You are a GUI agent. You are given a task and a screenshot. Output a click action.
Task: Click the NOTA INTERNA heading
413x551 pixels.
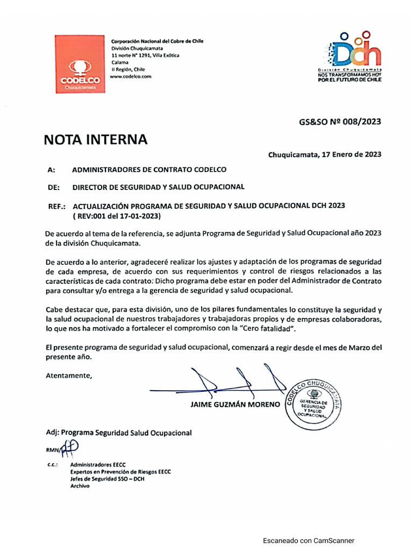coord(95,140)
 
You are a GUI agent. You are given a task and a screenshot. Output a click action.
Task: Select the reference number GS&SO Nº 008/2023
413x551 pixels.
coord(340,122)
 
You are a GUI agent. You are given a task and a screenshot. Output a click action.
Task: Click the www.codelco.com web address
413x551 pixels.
coord(131,76)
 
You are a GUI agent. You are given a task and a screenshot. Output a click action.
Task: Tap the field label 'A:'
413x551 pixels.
coord(52,170)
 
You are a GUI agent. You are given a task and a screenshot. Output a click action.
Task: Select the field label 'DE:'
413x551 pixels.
coord(53,187)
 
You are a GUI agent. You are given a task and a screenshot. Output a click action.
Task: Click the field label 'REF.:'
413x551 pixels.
coord(56,206)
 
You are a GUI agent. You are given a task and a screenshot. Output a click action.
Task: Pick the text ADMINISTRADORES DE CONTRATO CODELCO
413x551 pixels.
coord(149,170)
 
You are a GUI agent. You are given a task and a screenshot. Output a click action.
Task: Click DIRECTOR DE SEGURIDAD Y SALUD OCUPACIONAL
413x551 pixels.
coord(158,187)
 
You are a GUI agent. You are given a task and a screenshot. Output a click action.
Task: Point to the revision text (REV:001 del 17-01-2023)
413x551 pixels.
coord(117,216)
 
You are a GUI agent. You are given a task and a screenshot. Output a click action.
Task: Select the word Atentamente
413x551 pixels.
coord(69,376)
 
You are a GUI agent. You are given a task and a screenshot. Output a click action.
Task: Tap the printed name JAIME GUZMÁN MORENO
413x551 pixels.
coord(235,404)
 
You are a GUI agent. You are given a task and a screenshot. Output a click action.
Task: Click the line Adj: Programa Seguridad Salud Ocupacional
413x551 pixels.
coord(118,433)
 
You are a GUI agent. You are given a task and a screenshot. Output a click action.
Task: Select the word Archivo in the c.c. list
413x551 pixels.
coord(80,485)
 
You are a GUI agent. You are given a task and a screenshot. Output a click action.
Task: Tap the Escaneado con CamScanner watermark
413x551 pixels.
coord(309,541)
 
